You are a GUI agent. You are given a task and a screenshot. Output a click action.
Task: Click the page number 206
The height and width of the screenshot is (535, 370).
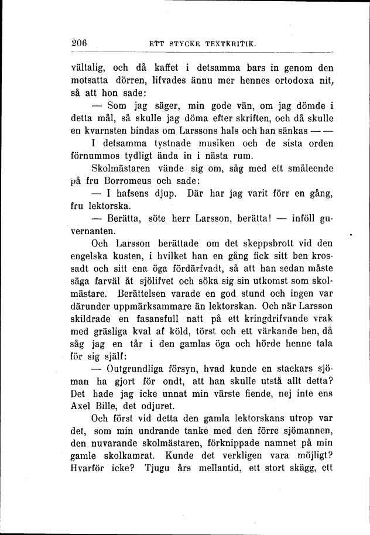pos(79,42)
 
